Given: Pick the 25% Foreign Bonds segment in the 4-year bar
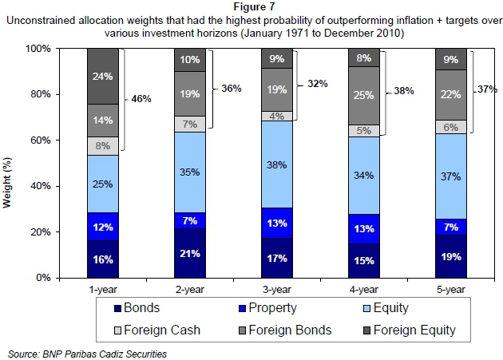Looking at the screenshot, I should pyautogui.click(x=362, y=96).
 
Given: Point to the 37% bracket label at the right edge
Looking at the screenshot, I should pyautogui.click(x=488, y=89).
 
